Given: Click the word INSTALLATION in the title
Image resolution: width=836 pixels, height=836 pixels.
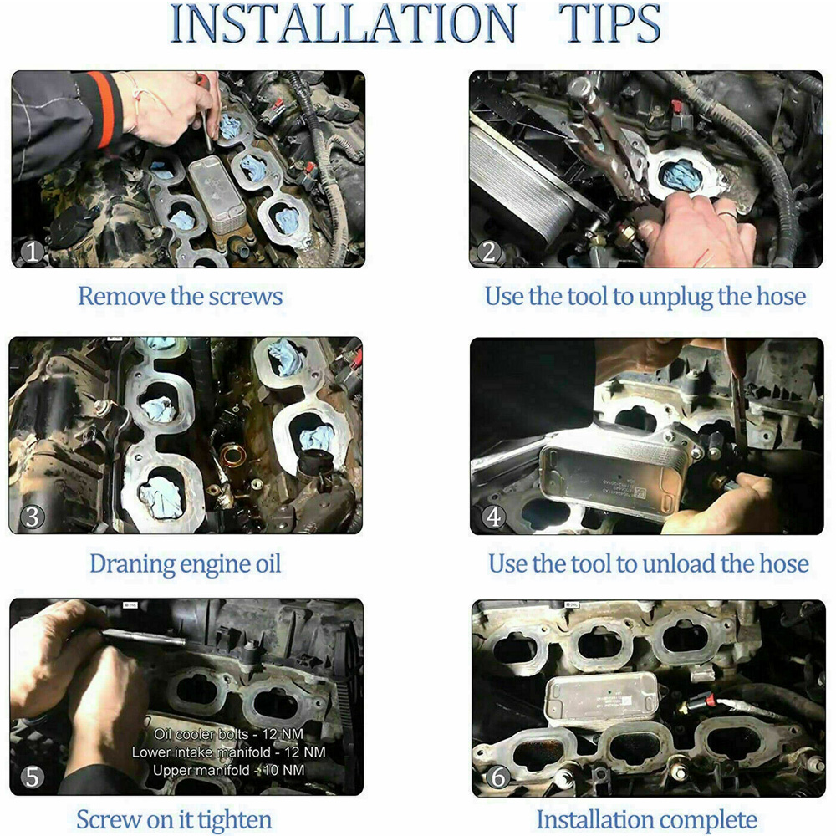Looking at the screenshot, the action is [343, 23].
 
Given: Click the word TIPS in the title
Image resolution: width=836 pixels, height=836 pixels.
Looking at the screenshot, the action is [609, 23].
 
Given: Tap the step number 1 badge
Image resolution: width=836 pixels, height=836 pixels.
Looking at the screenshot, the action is [32, 251].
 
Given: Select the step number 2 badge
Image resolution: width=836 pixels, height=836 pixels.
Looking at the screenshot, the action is [488, 251].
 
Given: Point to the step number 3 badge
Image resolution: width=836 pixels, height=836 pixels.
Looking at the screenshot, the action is [32, 517].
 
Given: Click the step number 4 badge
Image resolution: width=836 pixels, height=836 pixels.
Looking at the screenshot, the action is [493, 517].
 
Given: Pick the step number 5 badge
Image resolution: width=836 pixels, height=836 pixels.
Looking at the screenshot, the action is [32, 777].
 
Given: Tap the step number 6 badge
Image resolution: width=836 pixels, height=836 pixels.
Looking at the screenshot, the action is [497, 777].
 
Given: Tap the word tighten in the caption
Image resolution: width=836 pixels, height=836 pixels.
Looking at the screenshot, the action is [232, 820].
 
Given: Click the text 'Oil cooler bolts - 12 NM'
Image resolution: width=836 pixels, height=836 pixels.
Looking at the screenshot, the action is [229, 734].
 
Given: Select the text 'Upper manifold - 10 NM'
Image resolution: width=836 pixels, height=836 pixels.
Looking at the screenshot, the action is [229, 771].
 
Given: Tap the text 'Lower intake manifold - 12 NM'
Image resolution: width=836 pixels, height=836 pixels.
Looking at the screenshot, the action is [229, 752].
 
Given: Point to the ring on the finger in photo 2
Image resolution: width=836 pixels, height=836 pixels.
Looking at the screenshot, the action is [726, 214].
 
